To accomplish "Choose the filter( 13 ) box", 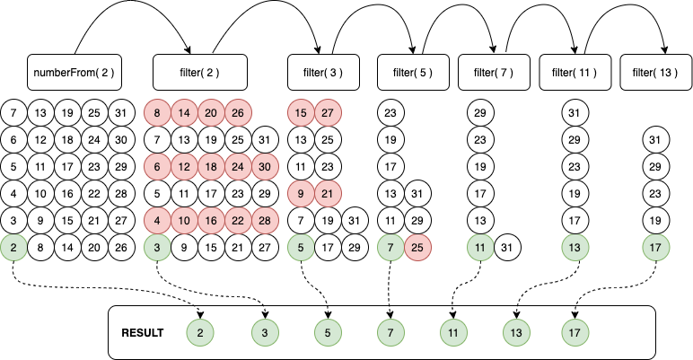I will (656, 72).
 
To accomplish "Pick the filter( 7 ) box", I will (494, 72).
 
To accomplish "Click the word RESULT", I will (142, 332).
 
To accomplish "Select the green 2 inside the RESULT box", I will (199, 332).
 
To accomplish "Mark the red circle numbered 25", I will (417, 247).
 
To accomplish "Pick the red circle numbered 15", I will (301, 113).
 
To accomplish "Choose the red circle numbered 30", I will (265, 167).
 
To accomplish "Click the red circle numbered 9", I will (301, 194).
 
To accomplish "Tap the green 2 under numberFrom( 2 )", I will (13, 247).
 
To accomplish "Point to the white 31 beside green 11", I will (507, 247).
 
